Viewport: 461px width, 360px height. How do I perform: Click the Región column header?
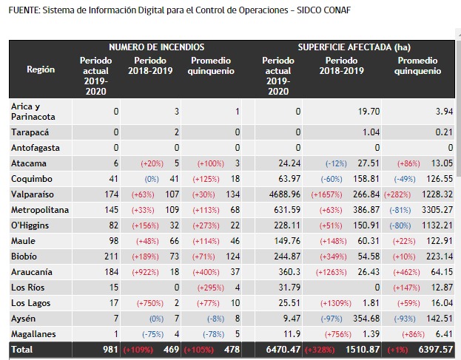point(41,69)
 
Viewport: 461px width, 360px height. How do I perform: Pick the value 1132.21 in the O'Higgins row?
point(435,225)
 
